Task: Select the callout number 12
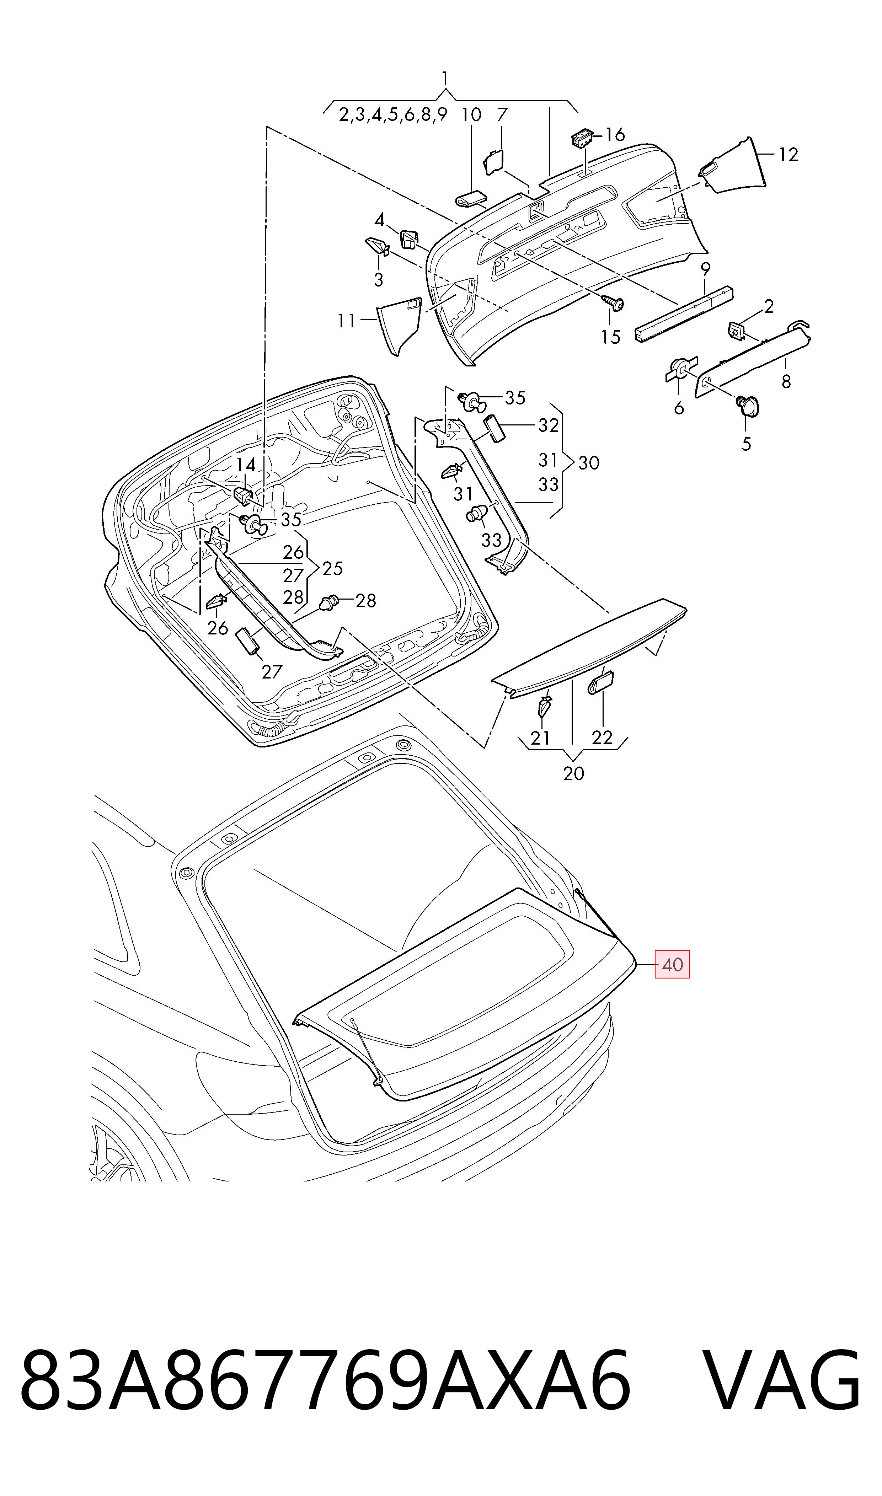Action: pos(788,155)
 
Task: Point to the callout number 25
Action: pos(332,569)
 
